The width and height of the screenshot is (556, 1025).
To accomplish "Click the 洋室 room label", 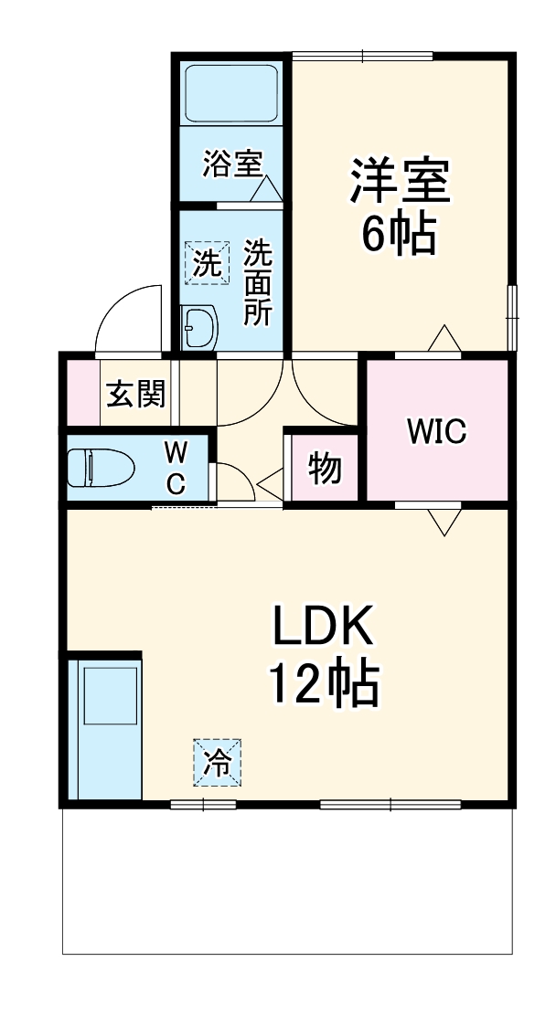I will (x=400, y=182).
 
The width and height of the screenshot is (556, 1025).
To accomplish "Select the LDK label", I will (x=323, y=629).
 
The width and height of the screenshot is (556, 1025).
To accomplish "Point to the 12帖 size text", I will (x=323, y=683).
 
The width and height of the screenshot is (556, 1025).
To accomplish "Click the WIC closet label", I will (x=436, y=431).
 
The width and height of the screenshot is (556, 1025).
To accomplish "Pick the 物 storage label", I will (x=325, y=469).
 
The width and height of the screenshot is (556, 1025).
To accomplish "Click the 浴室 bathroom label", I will (x=232, y=165).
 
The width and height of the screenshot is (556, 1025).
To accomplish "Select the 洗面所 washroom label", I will (x=257, y=283).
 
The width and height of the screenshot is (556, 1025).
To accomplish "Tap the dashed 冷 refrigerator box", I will (x=218, y=762).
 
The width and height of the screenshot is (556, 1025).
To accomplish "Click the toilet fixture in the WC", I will (x=101, y=469).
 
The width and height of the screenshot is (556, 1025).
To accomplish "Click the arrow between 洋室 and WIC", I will (x=444, y=338).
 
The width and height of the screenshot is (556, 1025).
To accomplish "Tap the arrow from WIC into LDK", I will (x=444, y=522).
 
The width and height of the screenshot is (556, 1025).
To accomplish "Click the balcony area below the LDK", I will (x=287, y=881).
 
